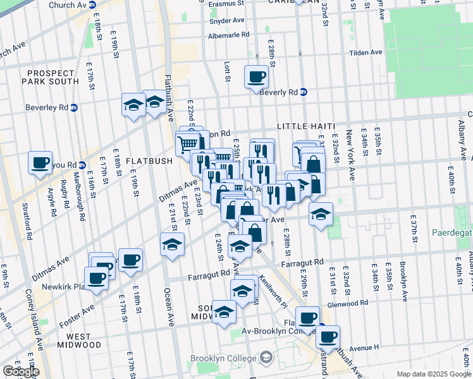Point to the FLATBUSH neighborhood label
(x=149, y=160)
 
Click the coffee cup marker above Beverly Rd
(x=256, y=77)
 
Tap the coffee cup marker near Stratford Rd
(x=40, y=163)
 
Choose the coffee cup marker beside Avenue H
(x=328, y=337)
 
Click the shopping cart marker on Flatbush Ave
(x=187, y=144)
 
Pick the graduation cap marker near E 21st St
(x=171, y=244)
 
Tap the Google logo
(x=21, y=371)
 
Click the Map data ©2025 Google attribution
(x=433, y=374)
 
